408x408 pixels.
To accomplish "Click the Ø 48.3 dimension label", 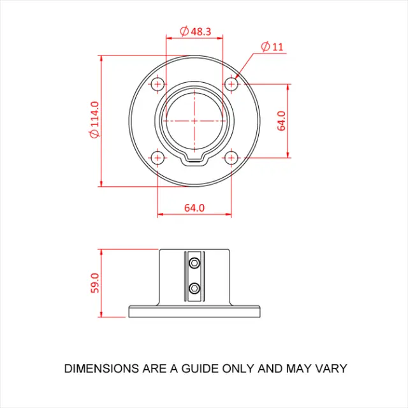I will coord(196,31).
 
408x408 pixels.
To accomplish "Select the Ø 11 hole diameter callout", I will coord(272,47).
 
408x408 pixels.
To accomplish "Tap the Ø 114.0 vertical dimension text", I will coord(94,120).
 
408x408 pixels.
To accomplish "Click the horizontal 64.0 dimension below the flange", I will coord(194,208).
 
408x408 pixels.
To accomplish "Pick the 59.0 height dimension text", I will coord(95,282).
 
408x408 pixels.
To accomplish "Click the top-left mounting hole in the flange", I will coord(157,84).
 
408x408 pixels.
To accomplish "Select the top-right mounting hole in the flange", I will coord(231,84).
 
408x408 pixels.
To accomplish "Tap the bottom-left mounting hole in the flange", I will coord(157,157).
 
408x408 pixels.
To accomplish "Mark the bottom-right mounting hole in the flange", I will coord(231,157).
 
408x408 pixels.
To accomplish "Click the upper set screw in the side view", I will coord(194,263).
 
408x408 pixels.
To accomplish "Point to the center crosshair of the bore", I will coord(194,120).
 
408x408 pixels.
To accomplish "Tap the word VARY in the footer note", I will coord(331,368).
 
